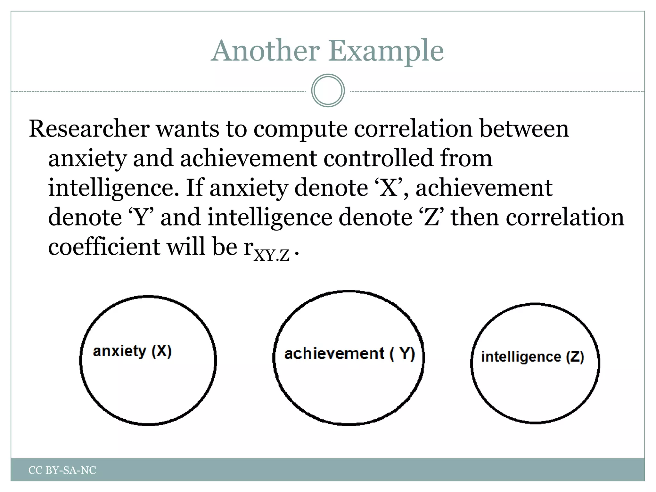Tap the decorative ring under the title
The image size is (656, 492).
click(x=328, y=91)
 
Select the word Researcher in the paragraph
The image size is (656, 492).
click(x=89, y=129)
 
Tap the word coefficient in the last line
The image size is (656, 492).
click(x=104, y=247)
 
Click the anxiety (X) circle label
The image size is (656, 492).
click(x=132, y=351)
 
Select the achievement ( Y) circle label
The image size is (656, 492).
click(x=349, y=354)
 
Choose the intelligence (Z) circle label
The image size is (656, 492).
click(x=532, y=357)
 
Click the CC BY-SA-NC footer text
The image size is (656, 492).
click(x=62, y=470)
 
